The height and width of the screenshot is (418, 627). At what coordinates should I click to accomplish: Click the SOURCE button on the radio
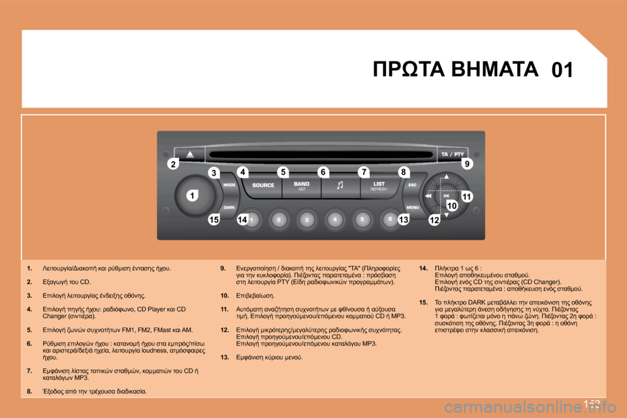pyautogui.click(x=263, y=185)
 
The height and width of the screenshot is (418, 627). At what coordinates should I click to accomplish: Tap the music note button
pyautogui.click(x=340, y=185)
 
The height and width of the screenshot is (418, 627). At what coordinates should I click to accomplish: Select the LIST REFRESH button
pyautogui.click(x=379, y=185)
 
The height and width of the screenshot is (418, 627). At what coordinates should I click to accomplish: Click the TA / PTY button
pyautogui.click(x=453, y=153)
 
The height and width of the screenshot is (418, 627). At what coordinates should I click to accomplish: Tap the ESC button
pyautogui.click(x=412, y=185)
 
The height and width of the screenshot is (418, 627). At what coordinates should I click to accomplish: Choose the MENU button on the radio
pyautogui.click(x=413, y=207)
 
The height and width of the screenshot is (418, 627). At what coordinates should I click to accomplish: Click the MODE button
pyautogui.click(x=230, y=185)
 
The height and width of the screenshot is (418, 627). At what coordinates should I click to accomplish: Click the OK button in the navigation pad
pyautogui.click(x=447, y=195)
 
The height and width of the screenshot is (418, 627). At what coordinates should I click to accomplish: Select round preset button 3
pyautogui.click(x=307, y=220)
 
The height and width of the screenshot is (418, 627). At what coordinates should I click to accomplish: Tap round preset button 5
pyautogui.click(x=362, y=220)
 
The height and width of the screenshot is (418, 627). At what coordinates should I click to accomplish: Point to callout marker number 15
pyautogui.click(x=214, y=221)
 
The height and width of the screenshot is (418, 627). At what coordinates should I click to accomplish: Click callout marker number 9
pyautogui.click(x=467, y=164)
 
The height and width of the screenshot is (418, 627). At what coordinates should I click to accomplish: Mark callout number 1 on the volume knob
pyautogui.click(x=193, y=195)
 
